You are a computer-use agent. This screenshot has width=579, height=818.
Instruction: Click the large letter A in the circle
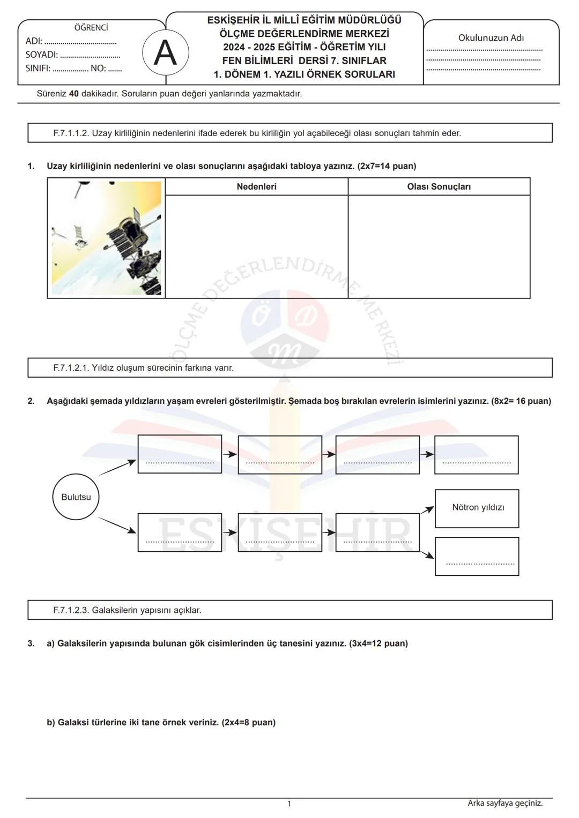tap(165, 54)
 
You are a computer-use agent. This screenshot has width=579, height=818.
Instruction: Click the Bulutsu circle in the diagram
tap(76, 497)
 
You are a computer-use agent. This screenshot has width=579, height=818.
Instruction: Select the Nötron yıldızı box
tap(477, 508)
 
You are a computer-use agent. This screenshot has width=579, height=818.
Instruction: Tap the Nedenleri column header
tap(256, 186)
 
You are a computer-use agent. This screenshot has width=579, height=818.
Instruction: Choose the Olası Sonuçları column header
tap(439, 186)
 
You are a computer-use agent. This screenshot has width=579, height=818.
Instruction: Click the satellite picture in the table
tap(106, 238)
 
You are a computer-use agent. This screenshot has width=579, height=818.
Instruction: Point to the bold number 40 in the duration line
tap(74, 94)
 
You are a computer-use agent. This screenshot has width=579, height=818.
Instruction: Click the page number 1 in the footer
tap(289, 804)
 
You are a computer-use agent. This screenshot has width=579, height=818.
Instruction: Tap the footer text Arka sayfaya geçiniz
tap(505, 803)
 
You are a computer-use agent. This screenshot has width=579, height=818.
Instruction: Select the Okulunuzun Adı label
tap(491, 38)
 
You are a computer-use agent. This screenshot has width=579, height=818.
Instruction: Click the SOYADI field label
tap(41, 55)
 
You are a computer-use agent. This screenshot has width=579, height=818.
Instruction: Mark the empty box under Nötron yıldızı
tap(477, 556)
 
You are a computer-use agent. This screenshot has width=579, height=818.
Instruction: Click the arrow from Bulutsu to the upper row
tap(117, 468)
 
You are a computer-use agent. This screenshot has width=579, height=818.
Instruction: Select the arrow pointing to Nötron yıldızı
tap(427, 511)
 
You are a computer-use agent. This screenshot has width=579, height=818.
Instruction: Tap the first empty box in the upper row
tap(180, 454)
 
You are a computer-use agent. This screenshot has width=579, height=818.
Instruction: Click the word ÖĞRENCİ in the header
tap(91, 27)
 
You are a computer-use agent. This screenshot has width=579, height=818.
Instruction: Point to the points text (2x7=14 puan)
tap(387, 166)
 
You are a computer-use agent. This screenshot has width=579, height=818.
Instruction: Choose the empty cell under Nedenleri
tap(256, 246)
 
